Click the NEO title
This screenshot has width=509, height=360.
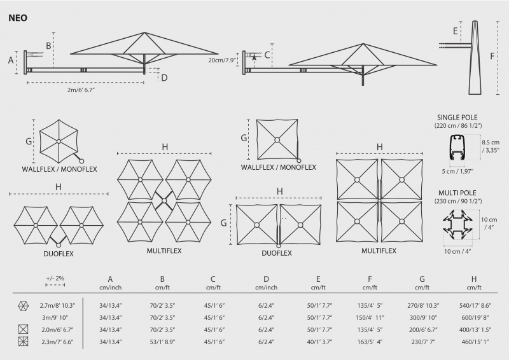tap(18, 18)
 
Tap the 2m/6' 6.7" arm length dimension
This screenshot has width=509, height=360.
tap(81, 90)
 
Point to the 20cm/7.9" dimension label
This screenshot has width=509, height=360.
tap(221, 60)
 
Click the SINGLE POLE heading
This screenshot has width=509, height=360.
tap(457, 118)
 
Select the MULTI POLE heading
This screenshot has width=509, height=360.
tap(457, 193)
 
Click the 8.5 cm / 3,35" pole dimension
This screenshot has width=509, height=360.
tap(491, 146)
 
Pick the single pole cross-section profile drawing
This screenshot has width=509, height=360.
tap(457, 148)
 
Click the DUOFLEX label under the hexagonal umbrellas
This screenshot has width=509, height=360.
tap(59, 254)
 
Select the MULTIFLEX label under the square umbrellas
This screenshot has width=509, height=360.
tap(379, 251)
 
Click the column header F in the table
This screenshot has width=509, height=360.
tap(370, 279)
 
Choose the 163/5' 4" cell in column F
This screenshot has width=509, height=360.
tap(370, 342)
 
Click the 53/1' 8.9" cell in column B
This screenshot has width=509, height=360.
tap(162, 342)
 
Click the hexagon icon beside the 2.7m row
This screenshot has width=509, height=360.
tap(24, 305)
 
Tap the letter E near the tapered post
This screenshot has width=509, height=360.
tap(455, 31)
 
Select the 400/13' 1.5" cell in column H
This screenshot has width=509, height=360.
tap(475, 330)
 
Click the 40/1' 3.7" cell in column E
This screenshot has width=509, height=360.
tap(319, 342)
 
